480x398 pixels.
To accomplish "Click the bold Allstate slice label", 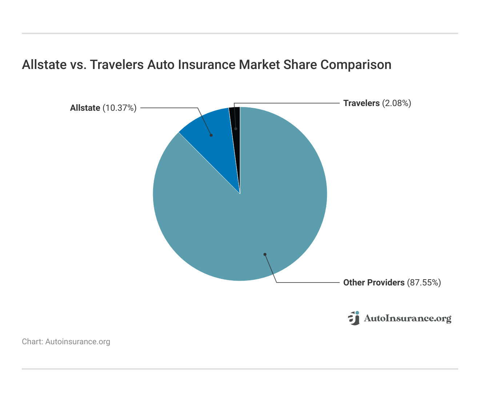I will [x=85, y=108].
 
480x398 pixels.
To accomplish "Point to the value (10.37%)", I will [x=120, y=108].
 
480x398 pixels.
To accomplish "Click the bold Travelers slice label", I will [x=361, y=103].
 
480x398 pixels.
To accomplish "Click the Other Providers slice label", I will [x=374, y=283].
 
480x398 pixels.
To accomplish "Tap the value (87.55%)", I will [x=424, y=283].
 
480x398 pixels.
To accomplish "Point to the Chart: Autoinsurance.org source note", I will [x=66, y=342].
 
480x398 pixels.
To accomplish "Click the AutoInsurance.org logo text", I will [x=408, y=318].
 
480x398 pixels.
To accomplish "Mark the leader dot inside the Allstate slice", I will [x=211, y=135].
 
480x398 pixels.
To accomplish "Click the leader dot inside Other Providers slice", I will [x=265, y=254].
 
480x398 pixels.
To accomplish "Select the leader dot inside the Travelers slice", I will [x=236, y=129].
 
